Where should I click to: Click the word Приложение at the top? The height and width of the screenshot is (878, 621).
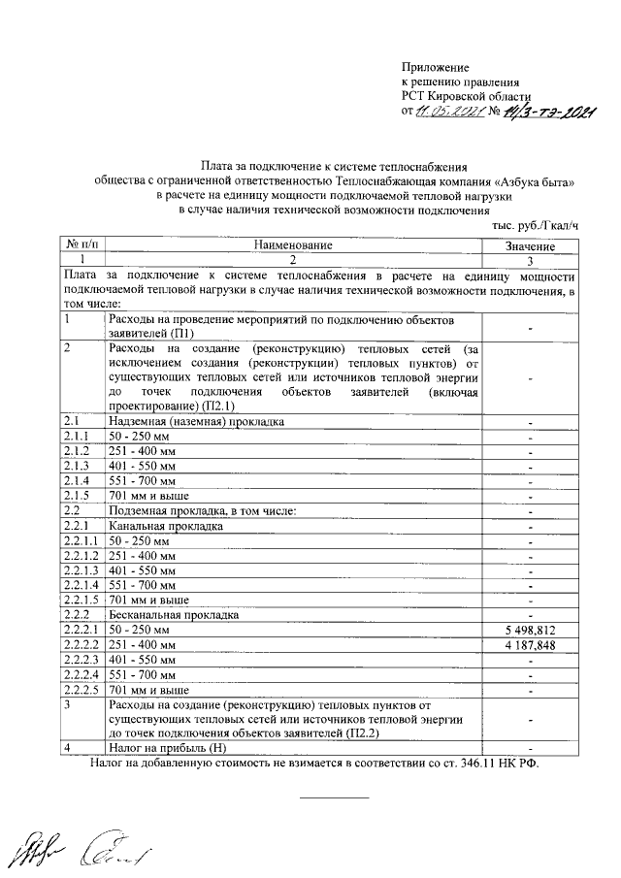[x=436, y=67]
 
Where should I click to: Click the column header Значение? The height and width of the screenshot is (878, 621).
[x=530, y=246]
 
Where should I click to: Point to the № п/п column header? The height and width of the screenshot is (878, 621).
[x=82, y=246]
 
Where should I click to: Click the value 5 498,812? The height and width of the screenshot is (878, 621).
[x=530, y=630]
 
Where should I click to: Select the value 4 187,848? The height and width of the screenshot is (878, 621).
[x=530, y=645]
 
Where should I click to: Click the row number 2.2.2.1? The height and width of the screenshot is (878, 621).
[x=81, y=630]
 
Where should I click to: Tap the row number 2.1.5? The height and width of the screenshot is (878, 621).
[x=76, y=495]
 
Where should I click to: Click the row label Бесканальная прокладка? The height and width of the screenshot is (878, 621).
[x=174, y=614]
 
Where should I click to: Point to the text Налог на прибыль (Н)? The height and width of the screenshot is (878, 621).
[x=167, y=748]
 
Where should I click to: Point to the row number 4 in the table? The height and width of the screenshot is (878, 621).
[x=66, y=748]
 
